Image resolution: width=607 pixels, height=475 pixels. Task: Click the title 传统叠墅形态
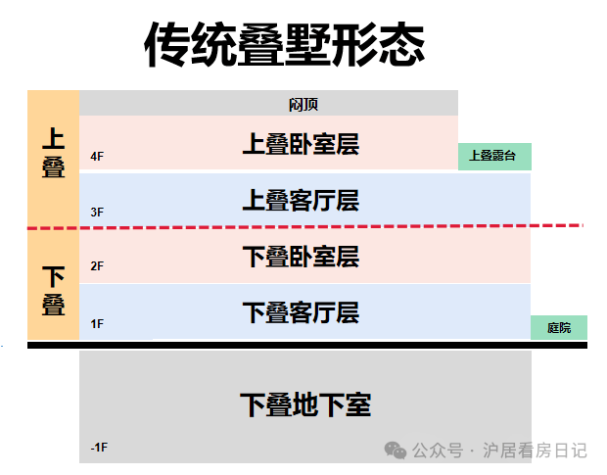click(285, 44)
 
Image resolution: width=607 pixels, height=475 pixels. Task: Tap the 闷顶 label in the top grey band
click(303, 105)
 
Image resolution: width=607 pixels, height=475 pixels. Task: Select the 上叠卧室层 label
click(301, 144)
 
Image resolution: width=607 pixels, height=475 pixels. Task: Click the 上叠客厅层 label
click(301, 200)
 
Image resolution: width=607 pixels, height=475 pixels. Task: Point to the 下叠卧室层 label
click(301, 257)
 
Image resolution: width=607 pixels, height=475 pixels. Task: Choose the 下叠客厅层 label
click(301, 312)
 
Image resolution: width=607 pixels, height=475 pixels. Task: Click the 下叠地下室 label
click(305, 404)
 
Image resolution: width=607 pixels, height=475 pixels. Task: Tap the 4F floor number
click(97, 157)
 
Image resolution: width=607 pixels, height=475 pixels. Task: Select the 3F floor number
click(97, 213)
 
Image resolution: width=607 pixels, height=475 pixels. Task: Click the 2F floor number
click(97, 266)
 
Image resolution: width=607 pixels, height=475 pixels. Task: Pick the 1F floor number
click(97, 323)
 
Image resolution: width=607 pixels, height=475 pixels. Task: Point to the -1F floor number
click(99, 448)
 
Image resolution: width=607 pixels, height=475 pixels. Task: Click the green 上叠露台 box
click(494, 157)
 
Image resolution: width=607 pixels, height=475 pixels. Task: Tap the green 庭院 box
click(559, 327)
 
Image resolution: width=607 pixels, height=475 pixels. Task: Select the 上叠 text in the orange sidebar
click(54, 153)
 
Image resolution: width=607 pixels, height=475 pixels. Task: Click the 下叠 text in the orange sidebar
click(54, 290)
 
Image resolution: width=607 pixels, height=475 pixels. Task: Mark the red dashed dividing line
click(305, 227)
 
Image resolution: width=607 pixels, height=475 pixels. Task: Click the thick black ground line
click(307, 345)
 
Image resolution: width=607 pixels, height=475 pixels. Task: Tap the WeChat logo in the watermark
click(396, 451)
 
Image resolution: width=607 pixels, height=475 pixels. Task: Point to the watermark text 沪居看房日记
click(535, 451)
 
